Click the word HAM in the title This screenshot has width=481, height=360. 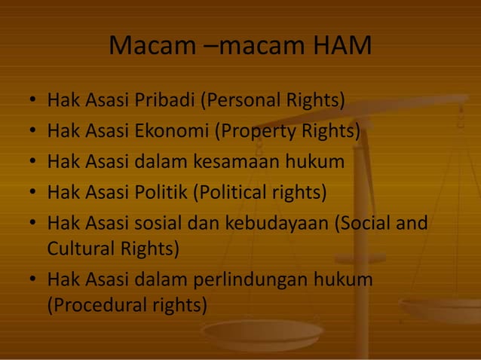(341, 46)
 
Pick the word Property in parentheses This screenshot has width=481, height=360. (257, 131)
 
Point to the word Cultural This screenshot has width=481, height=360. (80, 248)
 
